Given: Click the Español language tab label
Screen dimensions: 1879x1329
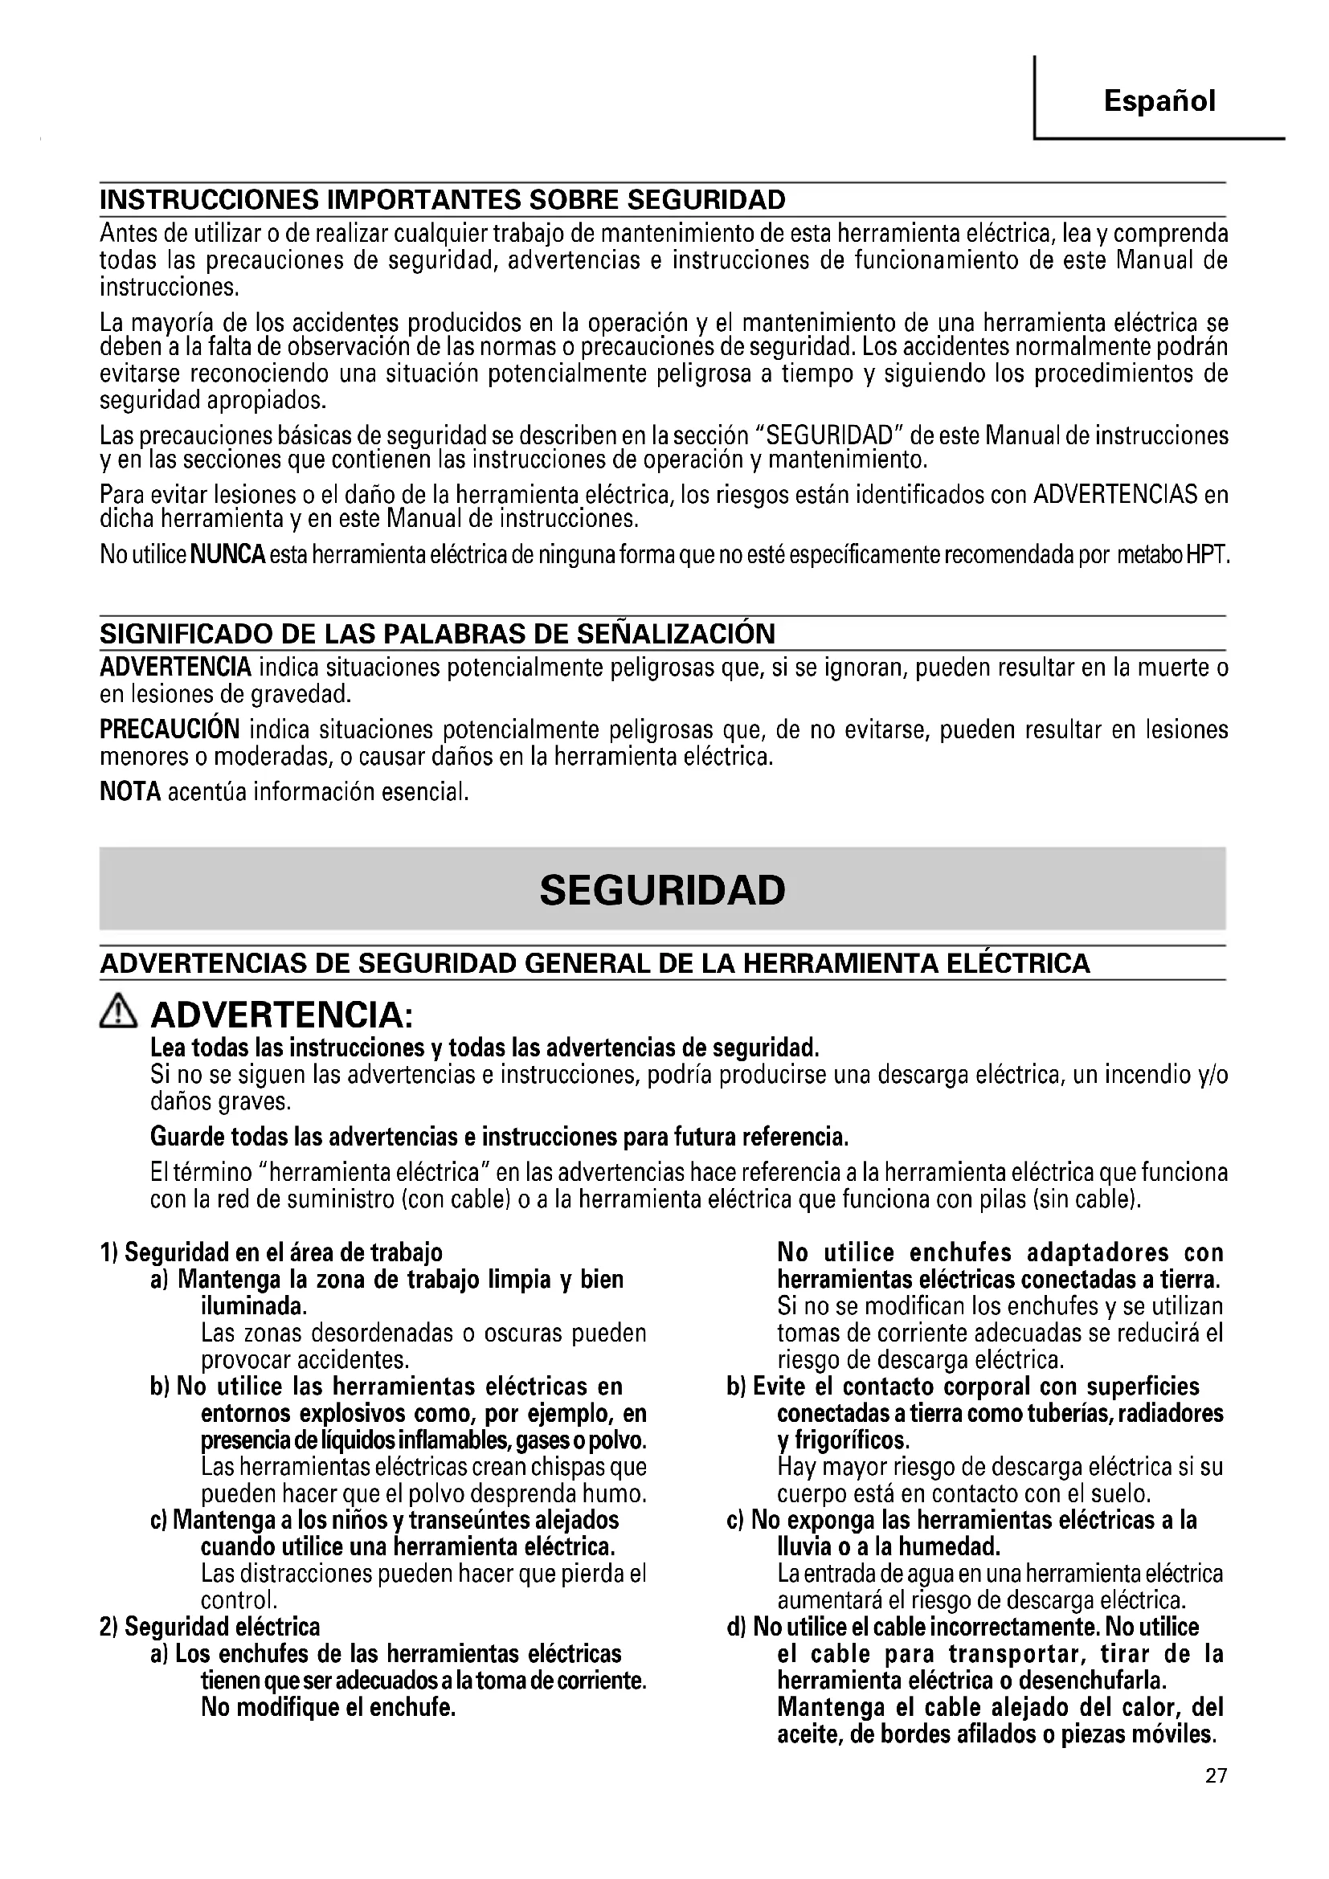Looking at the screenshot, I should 1159,100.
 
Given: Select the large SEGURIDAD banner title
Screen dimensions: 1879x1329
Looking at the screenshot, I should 662,889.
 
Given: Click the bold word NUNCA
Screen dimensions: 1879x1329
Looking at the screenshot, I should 227,555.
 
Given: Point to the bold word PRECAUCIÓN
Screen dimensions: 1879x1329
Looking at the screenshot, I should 170,729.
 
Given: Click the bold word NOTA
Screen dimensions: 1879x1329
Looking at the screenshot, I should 130,791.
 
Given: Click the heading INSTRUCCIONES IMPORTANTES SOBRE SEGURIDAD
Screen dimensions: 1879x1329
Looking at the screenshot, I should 442,200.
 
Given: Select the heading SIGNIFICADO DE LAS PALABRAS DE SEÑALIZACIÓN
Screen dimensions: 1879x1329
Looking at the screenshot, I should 437,633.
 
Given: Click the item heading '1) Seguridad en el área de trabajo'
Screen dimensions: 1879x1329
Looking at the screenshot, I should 271,1252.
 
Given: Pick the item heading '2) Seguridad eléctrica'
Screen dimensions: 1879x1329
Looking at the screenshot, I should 210,1625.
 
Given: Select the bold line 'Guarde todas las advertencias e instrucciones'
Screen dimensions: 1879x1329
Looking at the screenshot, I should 499,1137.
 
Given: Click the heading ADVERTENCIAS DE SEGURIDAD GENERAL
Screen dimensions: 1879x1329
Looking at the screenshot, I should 595,963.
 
